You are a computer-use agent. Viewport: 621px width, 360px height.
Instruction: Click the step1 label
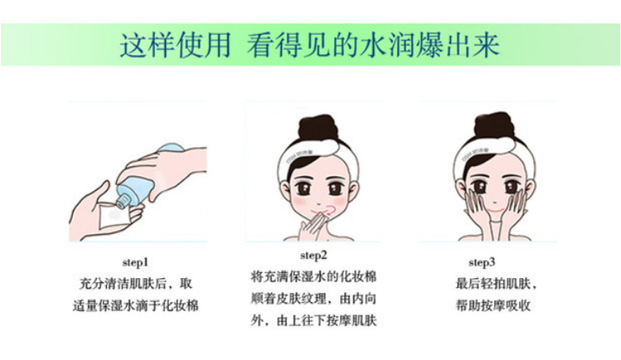135,262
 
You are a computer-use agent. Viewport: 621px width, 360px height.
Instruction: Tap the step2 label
314,256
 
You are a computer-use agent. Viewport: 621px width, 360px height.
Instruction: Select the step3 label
482,262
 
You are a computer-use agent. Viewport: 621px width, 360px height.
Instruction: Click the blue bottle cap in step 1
123,202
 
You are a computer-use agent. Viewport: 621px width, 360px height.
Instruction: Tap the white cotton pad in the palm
113,215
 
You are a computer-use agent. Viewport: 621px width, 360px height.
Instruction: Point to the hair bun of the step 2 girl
318,127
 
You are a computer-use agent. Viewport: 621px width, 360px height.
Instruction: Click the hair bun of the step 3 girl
493,125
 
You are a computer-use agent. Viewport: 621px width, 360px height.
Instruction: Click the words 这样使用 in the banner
176,46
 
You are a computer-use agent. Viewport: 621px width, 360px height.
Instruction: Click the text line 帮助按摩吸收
493,305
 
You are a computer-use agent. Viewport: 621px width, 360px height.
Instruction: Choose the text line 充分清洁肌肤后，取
136,284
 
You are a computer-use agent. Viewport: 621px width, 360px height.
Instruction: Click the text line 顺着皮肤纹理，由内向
313,298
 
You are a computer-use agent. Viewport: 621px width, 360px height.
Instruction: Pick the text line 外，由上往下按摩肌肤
313,320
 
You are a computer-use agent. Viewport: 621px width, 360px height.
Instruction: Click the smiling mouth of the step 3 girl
495,210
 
